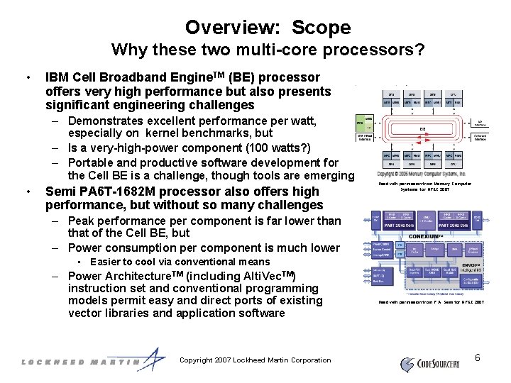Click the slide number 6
pos(478,357)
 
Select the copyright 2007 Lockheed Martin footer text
pos(255,360)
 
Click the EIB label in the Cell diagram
pos(422,129)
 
